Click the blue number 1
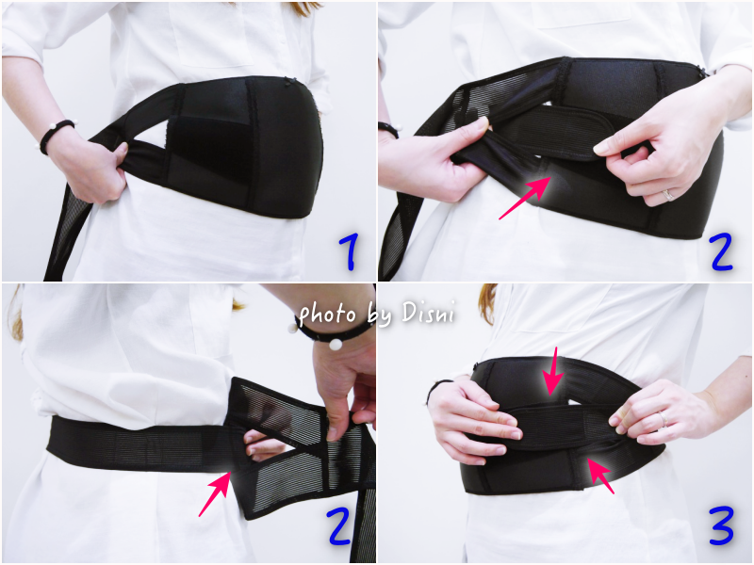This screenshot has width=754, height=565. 350,252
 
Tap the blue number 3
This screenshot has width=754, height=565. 721,525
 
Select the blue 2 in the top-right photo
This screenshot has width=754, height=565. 721,251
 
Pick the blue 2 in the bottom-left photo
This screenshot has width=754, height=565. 339,525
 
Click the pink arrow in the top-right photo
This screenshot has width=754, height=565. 524,198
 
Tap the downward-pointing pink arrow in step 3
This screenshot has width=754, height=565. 553,371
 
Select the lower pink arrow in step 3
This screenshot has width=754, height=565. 600,476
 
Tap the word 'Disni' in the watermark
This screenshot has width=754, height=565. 428,313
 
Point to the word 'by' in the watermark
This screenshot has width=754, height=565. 379,316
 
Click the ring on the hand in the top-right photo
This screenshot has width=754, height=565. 669,195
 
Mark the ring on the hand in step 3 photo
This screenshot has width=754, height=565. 664,418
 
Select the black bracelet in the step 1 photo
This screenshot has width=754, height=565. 57,136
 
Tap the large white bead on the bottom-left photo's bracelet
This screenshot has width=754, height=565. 336,345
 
